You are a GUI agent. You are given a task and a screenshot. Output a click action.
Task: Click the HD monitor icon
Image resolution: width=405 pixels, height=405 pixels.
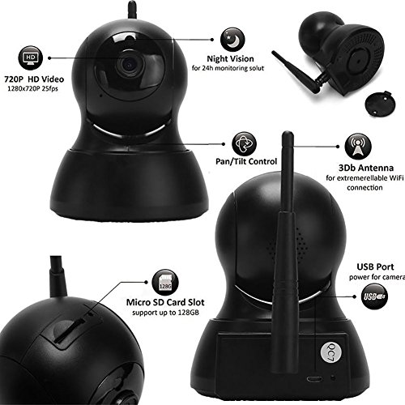pyautogui.click(x=30, y=58)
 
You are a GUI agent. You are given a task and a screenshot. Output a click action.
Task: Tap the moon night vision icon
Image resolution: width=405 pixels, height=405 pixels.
pyautogui.click(x=232, y=40)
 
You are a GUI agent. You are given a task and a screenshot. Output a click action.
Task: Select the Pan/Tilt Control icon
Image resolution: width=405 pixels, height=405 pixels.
pyautogui.click(x=244, y=144)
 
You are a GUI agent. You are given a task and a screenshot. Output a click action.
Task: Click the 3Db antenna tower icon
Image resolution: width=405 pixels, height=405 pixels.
pyautogui.click(x=358, y=147)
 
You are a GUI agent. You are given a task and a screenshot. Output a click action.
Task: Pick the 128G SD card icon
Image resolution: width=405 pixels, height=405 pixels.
pyautogui.click(x=165, y=283)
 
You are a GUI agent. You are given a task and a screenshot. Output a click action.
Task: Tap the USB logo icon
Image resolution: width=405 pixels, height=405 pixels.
pyautogui.click(x=374, y=296)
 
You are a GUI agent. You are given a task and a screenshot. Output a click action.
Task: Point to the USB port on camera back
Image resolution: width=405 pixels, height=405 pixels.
pyautogui.click(x=314, y=378)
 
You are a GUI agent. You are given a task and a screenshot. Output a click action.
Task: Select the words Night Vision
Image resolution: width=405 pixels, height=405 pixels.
pyautogui.click(x=230, y=59)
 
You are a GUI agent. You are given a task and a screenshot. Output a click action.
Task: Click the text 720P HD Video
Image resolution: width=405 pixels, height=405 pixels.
pyautogui.click(x=34, y=79)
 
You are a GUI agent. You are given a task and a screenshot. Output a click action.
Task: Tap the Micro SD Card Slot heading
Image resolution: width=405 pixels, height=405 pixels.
pyautogui.click(x=165, y=302)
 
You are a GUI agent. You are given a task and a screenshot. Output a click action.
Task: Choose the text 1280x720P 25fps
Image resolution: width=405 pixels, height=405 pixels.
pyautogui.click(x=32, y=88)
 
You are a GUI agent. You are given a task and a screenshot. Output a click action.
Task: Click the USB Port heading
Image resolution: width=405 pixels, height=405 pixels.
pyautogui.click(x=375, y=266)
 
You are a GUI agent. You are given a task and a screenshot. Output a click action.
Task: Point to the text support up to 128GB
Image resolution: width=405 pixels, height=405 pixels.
pyautogui.click(x=165, y=313)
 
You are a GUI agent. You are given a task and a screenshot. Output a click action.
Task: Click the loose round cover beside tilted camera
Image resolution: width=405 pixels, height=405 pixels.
pyautogui.click(x=381, y=104)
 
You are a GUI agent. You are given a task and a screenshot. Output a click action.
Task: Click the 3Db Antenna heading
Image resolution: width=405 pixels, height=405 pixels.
pyautogui.click(x=366, y=168)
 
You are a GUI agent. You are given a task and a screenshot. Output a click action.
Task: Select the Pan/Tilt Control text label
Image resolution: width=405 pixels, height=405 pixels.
pyautogui.click(x=246, y=161)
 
